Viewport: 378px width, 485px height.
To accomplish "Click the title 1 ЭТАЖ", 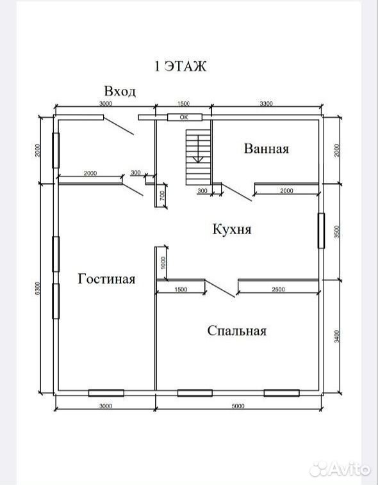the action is (180, 66).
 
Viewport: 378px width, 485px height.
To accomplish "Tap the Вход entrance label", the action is (120, 91).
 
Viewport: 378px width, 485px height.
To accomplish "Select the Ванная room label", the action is (267, 148).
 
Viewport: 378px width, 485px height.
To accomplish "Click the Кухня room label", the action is (232, 229).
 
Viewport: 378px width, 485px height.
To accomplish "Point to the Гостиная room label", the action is (106, 279).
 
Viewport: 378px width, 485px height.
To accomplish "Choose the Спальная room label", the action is (237, 331).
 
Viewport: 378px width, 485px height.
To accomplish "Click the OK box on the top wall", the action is (185, 117).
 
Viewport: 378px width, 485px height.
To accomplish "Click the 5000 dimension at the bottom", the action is (238, 406).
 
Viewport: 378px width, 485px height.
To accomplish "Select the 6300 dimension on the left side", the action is (37, 289).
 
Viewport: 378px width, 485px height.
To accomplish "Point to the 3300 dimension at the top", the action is (266, 104).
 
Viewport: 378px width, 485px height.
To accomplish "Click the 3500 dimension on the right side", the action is (338, 232).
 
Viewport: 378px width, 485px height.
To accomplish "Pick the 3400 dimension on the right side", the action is (338, 336).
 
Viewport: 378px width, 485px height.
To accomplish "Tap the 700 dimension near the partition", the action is (163, 195).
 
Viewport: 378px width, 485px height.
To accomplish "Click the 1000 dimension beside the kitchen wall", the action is (163, 262).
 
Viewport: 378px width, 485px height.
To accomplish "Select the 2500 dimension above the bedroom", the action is (278, 289).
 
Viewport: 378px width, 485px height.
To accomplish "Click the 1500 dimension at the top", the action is (183, 104).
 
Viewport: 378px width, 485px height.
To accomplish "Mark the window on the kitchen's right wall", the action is (322, 230).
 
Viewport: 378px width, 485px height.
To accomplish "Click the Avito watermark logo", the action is (340, 469).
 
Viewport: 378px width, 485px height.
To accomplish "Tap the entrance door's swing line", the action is (119, 125).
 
